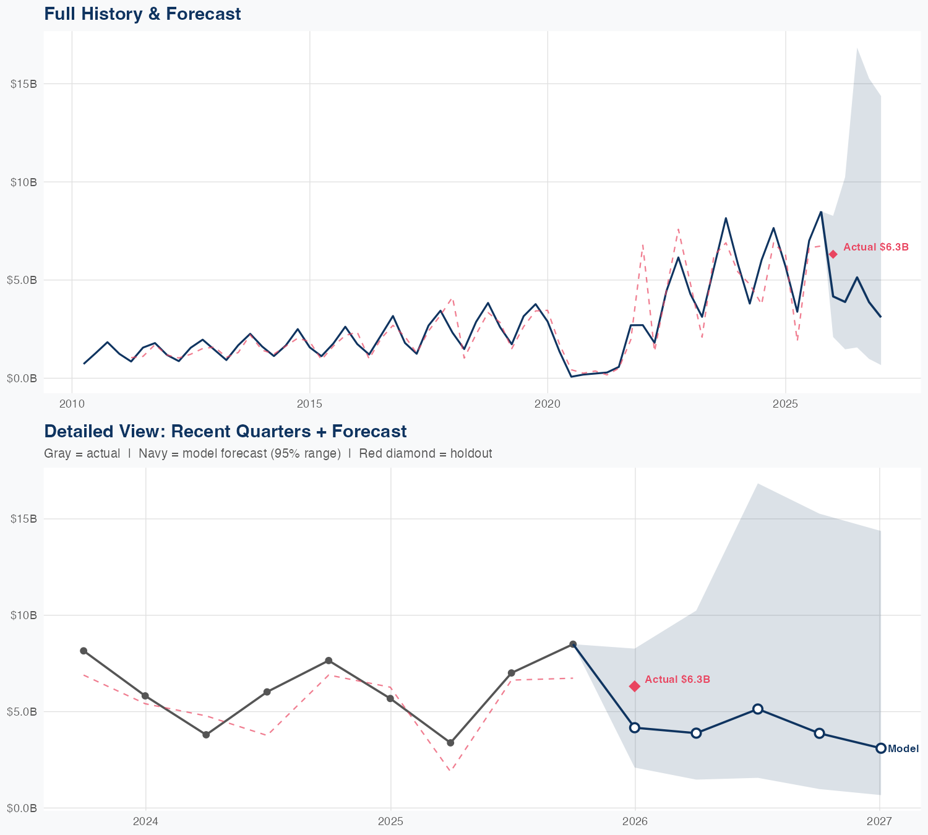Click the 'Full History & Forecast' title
coord(142,14)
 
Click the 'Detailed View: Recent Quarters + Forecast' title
coord(225,431)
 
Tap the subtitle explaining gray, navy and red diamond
coord(268,453)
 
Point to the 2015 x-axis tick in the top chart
coord(309,404)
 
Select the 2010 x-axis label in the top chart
coord(72,404)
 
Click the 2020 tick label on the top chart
coord(548,404)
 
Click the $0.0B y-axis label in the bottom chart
coord(22,808)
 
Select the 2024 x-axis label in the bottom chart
coord(146,821)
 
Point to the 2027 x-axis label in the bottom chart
coord(879,821)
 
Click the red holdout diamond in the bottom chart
coord(635,686)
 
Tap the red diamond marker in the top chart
coord(833,254)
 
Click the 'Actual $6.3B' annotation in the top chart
coord(875,247)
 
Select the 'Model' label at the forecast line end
coord(903,749)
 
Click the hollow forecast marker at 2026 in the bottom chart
coord(635,727)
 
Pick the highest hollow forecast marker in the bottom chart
coord(757,709)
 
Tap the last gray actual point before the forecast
coord(573,644)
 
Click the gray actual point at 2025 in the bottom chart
coord(390,698)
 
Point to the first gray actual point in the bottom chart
coord(84,651)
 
